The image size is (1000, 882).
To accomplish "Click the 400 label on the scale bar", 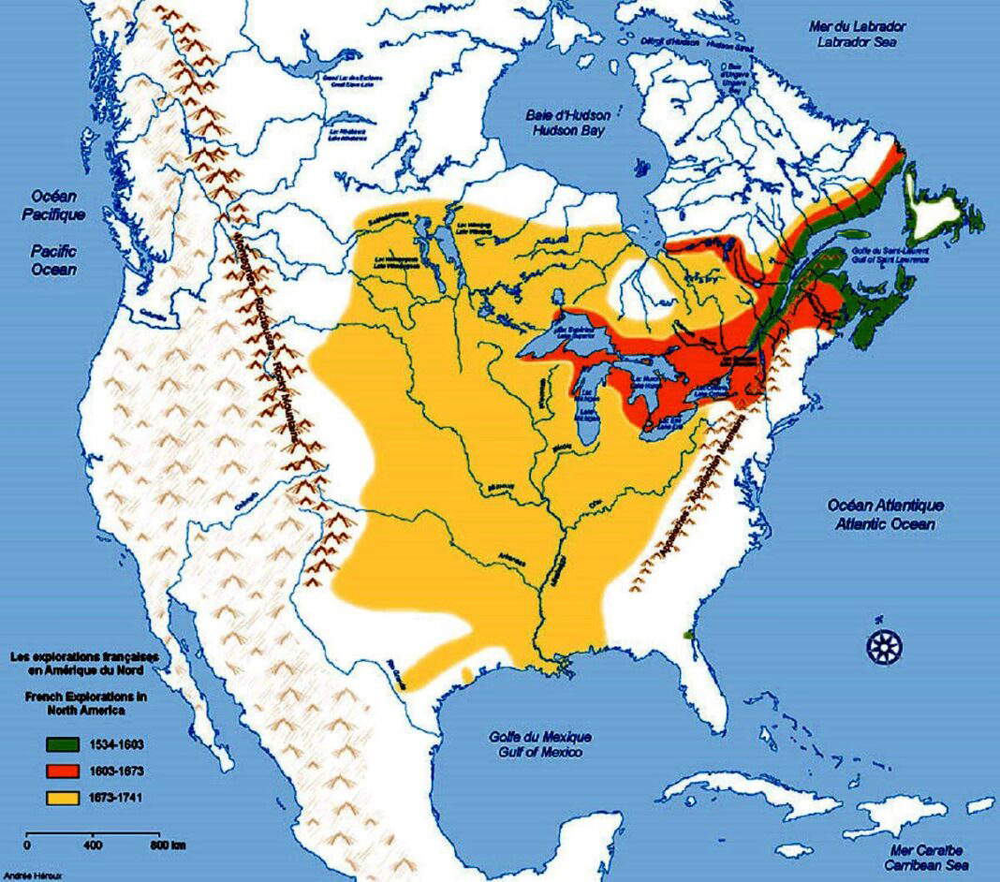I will click(x=92, y=846).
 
